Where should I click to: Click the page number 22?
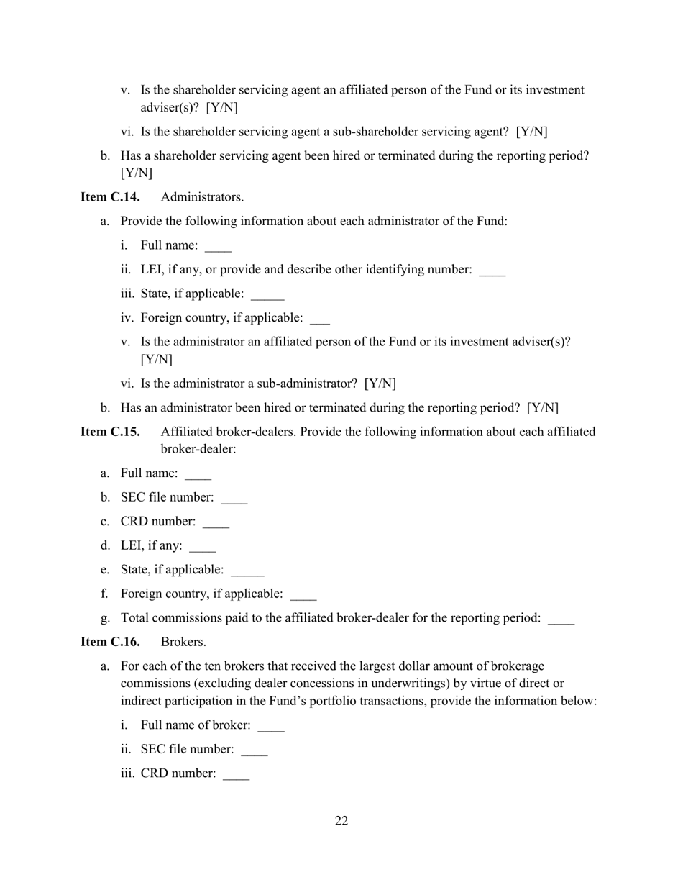[341, 821]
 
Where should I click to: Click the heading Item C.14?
[110, 197]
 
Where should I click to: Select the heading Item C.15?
[110, 432]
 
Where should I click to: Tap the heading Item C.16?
[110, 642]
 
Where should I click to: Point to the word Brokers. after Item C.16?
[183, 642]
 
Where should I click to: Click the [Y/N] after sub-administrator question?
[380, 383]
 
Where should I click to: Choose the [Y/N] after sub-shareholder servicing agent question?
[532, 132]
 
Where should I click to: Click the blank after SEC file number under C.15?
[234, 499]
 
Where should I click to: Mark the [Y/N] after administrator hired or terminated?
[543, 408]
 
